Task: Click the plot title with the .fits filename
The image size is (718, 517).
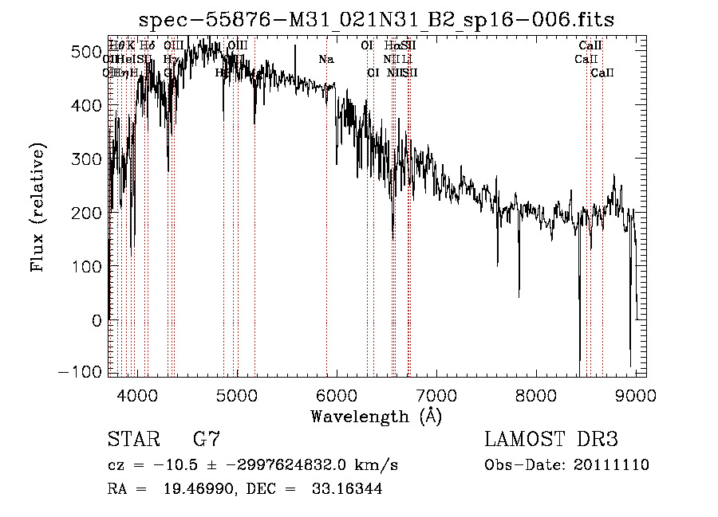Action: [377, 19]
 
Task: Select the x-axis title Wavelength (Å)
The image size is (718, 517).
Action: [376, 416]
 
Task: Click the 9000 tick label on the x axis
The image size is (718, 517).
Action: [635, 394]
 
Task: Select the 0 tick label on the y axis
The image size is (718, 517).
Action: [97, 320]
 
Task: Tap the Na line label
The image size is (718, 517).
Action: [325, 59]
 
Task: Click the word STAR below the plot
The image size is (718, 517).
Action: [132, 440]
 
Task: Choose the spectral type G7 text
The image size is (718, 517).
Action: [207, 440]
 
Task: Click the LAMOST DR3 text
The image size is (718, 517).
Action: [551, 440]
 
